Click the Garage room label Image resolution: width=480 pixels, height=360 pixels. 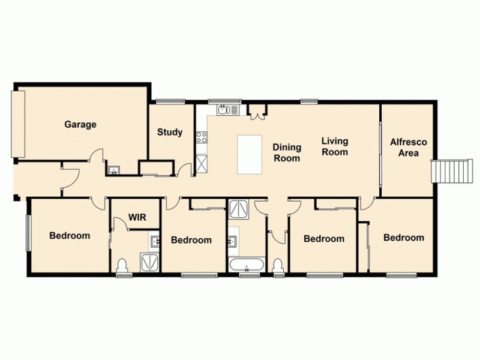pyautogui.click(x=80, y=125)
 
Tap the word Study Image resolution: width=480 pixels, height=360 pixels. pyautogui.click(x=170, y=132)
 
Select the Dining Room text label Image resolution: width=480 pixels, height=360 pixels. pyautogui.click(x=286, y=152)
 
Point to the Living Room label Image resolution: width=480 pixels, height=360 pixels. pyautogui.click(x=334, y=146)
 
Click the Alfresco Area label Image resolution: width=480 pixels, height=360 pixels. pyautogui.click(x=408, y=148)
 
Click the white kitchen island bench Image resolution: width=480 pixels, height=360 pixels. pyautogui.click(x=250, y=155)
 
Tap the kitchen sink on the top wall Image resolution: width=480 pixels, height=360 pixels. pyautogui.click(x=226, y=110)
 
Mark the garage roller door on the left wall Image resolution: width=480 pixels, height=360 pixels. pyautogui.click(x=19, y=124)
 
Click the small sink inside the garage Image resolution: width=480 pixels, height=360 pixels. pyautogui.click(x=113, y=170)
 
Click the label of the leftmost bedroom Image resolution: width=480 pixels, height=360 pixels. pyautogui.click(x=70, y=235)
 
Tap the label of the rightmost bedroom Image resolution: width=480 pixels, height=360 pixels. pyautogui.click(x=404, y=238)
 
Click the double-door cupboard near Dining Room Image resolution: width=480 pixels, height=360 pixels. pyautogui.click(x=258, y=111)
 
